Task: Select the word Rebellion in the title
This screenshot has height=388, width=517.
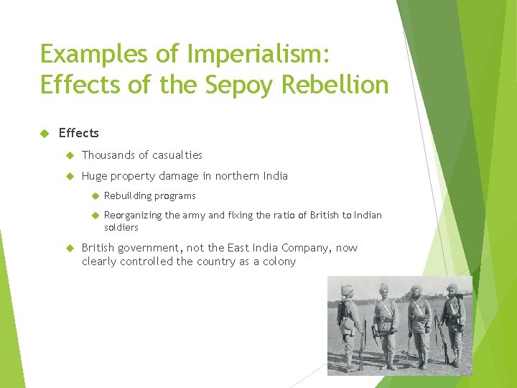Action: point(335,85)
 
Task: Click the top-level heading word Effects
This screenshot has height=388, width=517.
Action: point(79,133)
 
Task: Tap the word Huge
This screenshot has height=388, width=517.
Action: point(95,175)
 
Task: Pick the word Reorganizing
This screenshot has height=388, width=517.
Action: point(133,215)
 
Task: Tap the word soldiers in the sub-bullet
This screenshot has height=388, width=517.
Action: point(121,227)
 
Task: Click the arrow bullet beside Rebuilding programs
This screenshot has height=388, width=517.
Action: point(94,195)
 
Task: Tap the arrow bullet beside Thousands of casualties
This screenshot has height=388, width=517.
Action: point(70,154)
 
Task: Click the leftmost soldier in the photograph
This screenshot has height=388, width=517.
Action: point(349,323)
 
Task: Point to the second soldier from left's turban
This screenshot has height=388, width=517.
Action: point(383,289)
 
